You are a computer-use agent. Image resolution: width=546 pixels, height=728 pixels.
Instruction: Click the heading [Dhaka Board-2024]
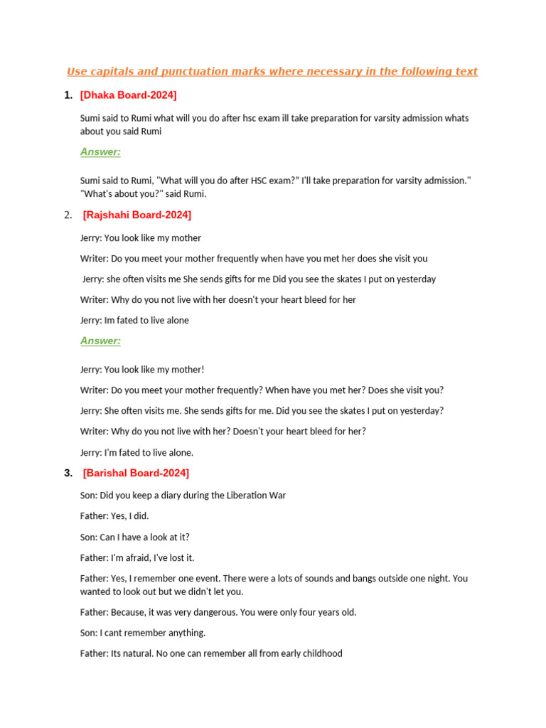(x=128, y=95)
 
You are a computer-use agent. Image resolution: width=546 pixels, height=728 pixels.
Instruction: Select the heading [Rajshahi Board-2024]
(x=136, y=215)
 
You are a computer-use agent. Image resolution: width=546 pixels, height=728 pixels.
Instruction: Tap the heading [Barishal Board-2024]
(x=136, y=473)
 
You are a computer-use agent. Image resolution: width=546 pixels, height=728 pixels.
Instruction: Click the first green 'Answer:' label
(x=100, y=151)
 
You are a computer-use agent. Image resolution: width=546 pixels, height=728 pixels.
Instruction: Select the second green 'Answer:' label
(x=100, y=341)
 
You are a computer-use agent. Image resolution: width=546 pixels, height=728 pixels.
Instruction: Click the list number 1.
(x=68, y=95)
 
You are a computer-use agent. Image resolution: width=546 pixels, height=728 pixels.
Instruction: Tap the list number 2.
(x=68, y=215)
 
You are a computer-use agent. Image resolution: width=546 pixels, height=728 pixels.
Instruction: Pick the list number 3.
(x=68, y=473)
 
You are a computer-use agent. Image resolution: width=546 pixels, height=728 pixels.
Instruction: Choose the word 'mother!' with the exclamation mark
(x=186, y=370)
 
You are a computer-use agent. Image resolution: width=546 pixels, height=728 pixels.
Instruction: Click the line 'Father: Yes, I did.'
(x=114, y=516)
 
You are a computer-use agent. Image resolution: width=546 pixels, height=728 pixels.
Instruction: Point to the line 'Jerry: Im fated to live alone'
(x=134, y=321)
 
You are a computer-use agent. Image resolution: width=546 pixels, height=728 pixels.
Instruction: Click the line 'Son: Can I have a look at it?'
(x=134, y=537)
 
